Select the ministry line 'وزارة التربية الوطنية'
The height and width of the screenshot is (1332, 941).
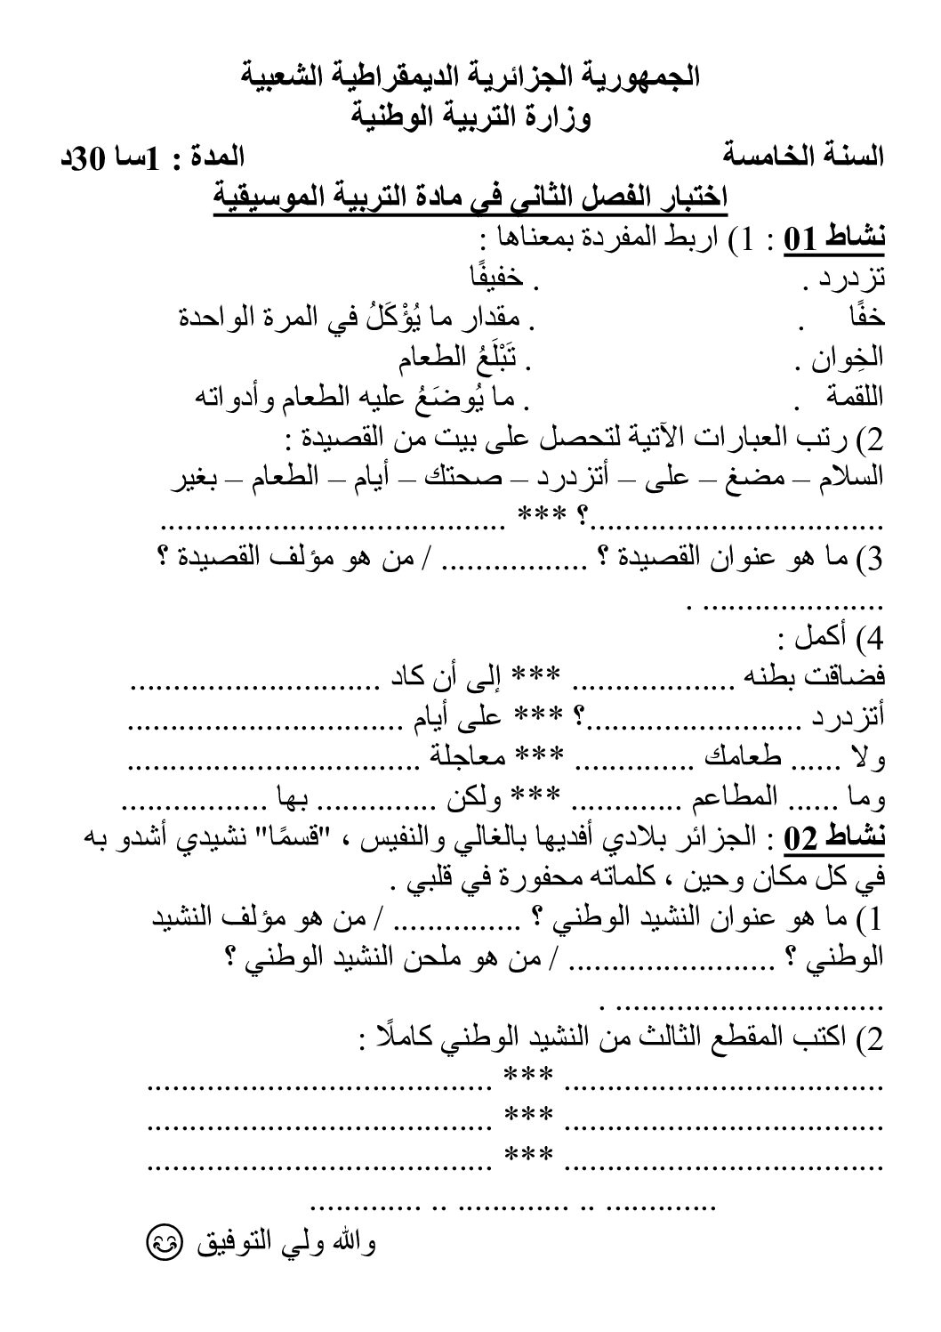(x=471, y=116)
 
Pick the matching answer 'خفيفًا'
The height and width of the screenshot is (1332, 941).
(x=495, y=279)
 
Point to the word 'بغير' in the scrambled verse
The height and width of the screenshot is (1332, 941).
(x=196, y=475)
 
